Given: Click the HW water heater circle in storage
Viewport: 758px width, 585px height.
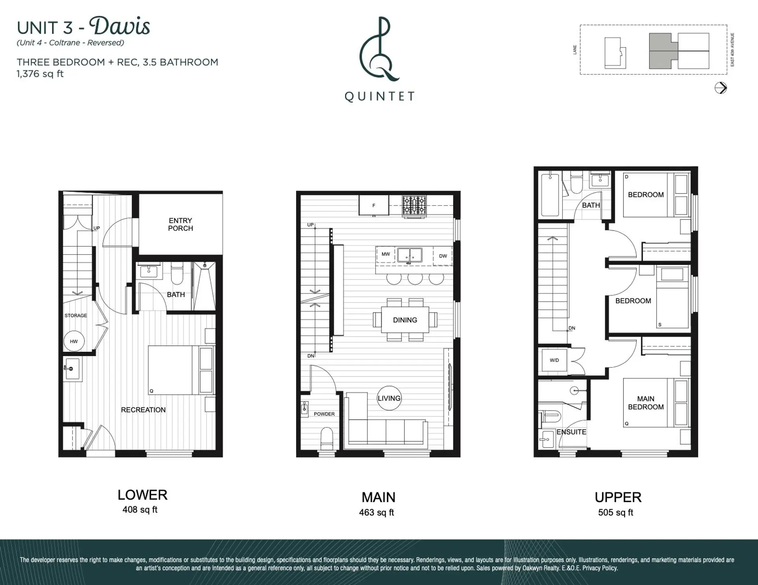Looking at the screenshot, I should point(74,341).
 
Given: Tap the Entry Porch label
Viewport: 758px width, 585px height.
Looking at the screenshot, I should point(180,224).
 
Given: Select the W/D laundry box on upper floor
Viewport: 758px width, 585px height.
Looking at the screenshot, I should point(554,360).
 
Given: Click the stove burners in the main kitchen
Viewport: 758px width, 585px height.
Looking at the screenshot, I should point(414,206).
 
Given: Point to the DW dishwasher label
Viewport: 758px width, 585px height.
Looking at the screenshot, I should point(443,256).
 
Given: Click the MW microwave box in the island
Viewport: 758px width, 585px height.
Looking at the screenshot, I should point(386,254).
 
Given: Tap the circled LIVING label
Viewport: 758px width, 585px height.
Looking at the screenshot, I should point(389,398).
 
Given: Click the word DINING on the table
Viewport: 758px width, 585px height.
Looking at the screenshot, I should point(405,320).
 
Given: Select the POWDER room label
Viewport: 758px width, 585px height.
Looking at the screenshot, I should point(324,414).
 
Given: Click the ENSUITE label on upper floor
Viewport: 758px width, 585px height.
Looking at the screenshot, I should point(571,432).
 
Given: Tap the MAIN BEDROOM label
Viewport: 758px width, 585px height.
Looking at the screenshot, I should point(645,403).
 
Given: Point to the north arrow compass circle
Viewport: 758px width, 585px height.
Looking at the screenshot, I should point(720,88).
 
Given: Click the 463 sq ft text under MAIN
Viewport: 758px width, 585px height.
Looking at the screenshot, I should point(376,512).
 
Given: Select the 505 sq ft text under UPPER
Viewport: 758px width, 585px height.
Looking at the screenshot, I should point(615,512).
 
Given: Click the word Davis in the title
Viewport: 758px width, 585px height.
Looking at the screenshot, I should point(120,26).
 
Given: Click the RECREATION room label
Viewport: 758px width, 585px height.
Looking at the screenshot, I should point(143,410).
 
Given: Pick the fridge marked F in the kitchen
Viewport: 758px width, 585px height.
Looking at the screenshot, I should point(373,206).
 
